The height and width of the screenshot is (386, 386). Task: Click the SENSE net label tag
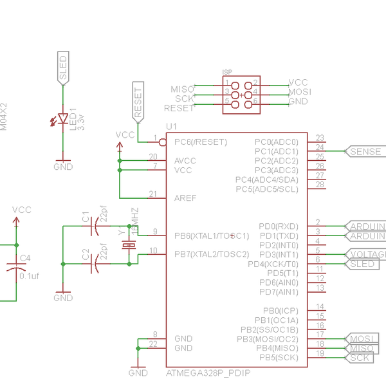point(365,152)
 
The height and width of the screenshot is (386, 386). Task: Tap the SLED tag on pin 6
point(362,264)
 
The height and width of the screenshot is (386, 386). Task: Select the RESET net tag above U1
point(138,102)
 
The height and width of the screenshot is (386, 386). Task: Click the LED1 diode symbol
point(62,119)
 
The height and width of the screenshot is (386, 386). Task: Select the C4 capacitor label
point(24,258)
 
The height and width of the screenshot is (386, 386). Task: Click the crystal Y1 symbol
point(129,244)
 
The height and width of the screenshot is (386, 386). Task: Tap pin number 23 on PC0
point(319,138)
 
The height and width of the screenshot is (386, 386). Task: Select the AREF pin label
point(185,198)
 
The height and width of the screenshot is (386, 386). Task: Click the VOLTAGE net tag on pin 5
point(366,255)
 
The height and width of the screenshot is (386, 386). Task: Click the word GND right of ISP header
point(298,102)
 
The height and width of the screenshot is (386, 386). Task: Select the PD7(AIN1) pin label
point(279,292)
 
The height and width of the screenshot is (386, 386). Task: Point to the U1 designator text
point(170,127)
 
